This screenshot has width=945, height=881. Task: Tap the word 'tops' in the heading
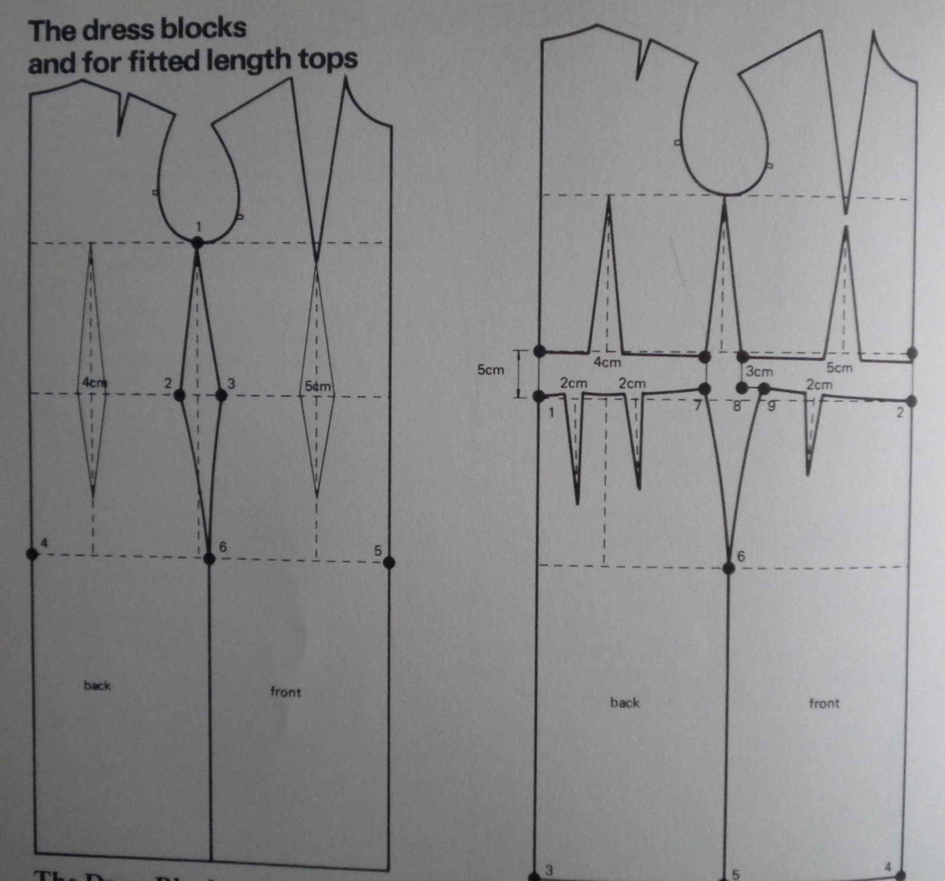tap(329, 59)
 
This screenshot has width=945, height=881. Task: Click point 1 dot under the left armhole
tap(197, 242)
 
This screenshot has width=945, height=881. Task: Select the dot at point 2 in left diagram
tap(180, 395)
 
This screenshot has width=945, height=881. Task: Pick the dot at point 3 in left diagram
tap(221, 395)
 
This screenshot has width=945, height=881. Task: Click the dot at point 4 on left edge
tap(32, 554)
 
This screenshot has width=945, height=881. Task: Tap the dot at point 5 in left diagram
tap(389, 561)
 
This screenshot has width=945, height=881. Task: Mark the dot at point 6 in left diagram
tap(209, 558)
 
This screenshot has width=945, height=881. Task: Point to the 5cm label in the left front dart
tap(317, 386)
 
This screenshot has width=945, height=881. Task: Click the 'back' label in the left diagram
tap(97, 685)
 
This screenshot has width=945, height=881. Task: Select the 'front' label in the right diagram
tap(824, 703)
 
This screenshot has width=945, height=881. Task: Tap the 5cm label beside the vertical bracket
tap(490, 370)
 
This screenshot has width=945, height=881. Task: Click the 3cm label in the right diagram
tap(759, 372)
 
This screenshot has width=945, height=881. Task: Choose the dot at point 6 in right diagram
tap(729, 568)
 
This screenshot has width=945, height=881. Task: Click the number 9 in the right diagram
tap(771, 407)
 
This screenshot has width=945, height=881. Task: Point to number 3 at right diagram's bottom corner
tap(549, 870)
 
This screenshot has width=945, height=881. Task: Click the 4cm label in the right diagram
tap(608, 362)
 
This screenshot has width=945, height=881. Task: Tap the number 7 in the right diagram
tap(698, 406)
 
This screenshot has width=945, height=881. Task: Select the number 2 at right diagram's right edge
tap(899, 413)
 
